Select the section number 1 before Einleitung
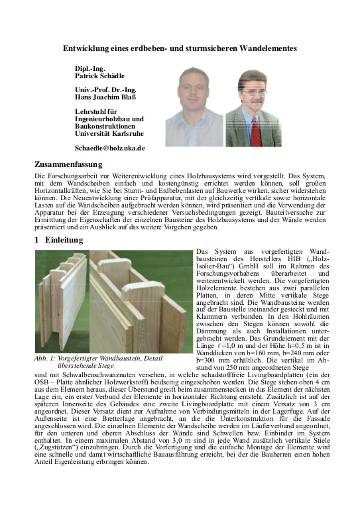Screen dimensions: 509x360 click(x=37, y=240)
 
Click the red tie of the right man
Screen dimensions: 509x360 click(x=256, y=129)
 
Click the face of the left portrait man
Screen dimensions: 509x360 click(x=194, y=89)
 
